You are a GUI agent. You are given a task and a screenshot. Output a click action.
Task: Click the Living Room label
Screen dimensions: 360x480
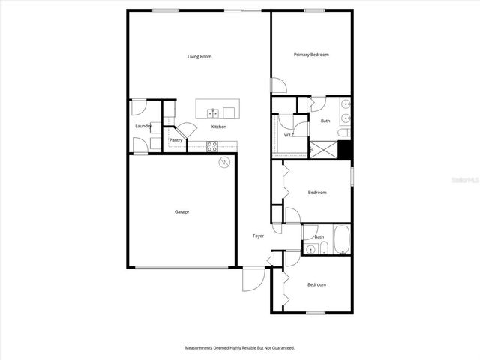[x=199, y=56]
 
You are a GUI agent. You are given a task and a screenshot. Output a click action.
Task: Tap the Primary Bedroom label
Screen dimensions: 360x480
[x=311, y=55]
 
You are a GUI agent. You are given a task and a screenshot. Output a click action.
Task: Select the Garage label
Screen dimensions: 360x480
[x=181, y=212]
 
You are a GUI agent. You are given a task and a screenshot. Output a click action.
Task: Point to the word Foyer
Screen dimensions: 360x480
[x=258, y=236]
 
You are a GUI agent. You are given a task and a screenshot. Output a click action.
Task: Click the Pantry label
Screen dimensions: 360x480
[x=176, y=140]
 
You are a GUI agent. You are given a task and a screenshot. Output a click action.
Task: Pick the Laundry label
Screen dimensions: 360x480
[x=142, y=126]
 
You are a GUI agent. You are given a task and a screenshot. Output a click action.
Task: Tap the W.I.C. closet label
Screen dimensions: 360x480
[x=289, y=136]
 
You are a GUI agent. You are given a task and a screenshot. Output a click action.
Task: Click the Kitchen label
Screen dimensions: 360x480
[x=218, y=127]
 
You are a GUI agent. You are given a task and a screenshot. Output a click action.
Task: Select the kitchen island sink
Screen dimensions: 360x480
[x=213, y=113]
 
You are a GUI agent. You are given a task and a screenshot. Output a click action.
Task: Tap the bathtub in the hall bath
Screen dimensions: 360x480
[x=342, y=239]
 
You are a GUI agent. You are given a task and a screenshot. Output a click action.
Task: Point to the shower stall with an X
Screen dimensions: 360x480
[x=324, y=150]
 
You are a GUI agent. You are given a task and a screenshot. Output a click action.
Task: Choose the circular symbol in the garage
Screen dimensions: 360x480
[x=223, y=162]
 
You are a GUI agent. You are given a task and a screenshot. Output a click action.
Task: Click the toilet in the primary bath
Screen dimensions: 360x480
[x=343, y=133]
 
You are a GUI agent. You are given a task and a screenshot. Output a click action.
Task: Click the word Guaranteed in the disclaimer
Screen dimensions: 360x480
[x=282, y=348]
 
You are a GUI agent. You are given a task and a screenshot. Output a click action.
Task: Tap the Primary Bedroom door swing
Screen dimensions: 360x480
[x=277, y=85]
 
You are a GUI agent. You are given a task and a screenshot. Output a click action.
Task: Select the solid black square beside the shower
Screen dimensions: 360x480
[x=345, y=150]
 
